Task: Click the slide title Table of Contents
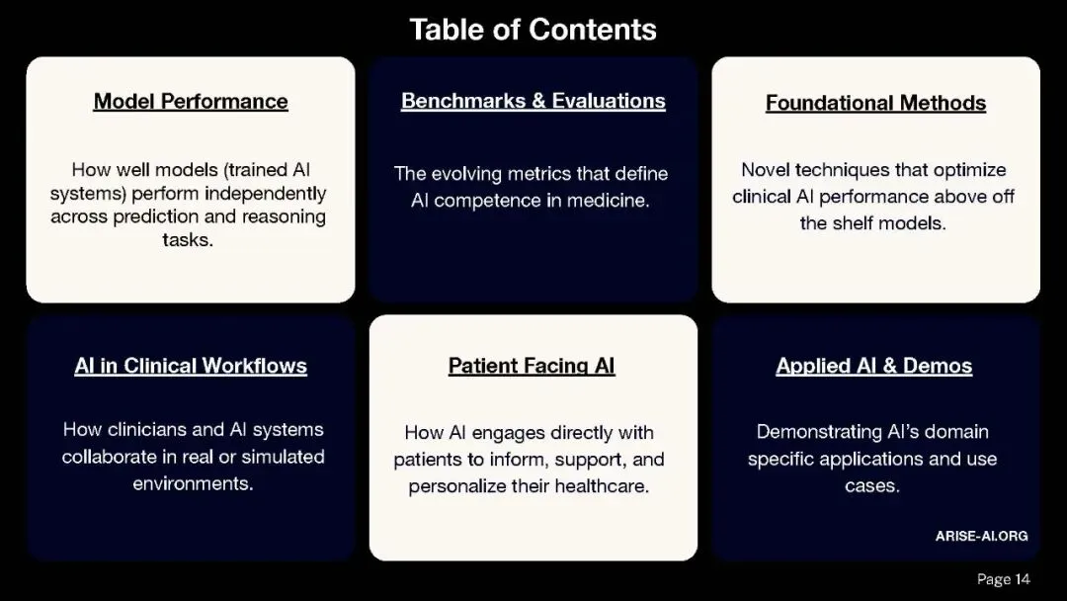tap(533, 30)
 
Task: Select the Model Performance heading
tap(191, 101)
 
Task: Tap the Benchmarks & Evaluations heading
tap(533, 101)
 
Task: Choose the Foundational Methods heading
tap(875, 103)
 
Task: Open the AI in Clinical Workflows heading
tap(191, 366)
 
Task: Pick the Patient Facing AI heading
tap(532, 366)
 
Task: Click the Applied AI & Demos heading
tap(874, 366)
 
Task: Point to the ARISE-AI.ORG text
tap(981, 536)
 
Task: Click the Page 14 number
tap(1003, 579)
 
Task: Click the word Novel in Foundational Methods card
tap(766, 170)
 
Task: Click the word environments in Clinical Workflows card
tap(192, 483)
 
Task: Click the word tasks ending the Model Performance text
tap(187, 240)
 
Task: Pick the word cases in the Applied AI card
tap(871, 486)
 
